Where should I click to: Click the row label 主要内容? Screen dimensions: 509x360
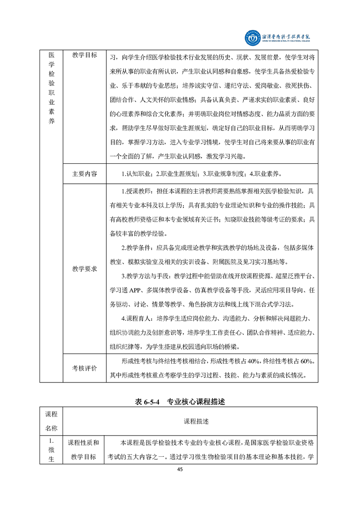pyautogui.click(x=85, y=174)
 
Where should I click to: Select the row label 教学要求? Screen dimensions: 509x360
pyautogui.click(x=85, y=269)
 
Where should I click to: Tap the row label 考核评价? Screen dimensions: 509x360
pyautogui.click(x=85, y=368)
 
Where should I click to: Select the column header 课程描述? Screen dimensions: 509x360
pyautogui.click(x=196, y=421)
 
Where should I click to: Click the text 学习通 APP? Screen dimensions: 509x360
pyautogui.click(x=124, y=290)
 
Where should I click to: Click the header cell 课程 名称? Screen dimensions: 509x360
pyautogui.click(x=51, y=421)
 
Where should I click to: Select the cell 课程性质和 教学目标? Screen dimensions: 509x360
pyautogui.click(x=85, y=450)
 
